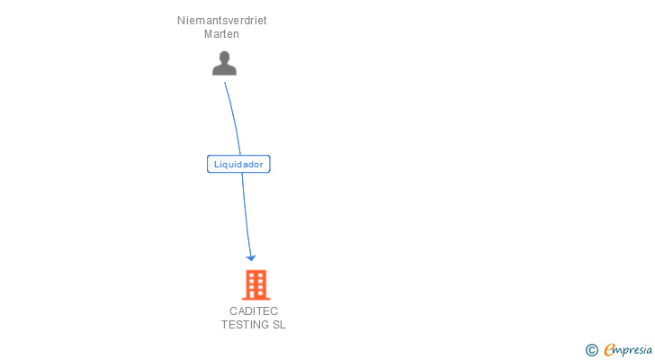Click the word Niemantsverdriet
(222, 20)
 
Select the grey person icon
(224, 63)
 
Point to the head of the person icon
(224, 57)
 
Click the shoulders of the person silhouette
(224, 69)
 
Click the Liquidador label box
(238, 164)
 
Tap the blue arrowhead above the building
(251, 257)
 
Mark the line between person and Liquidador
(233, 117)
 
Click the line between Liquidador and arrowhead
(246, 216)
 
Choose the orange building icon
(256, 284)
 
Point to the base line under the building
(256, 299)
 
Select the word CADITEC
(254, 311)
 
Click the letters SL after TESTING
(279, 325)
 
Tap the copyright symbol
(592, 350)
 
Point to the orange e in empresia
(610, 350)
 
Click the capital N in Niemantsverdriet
(181, 20)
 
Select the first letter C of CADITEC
(233, 311)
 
